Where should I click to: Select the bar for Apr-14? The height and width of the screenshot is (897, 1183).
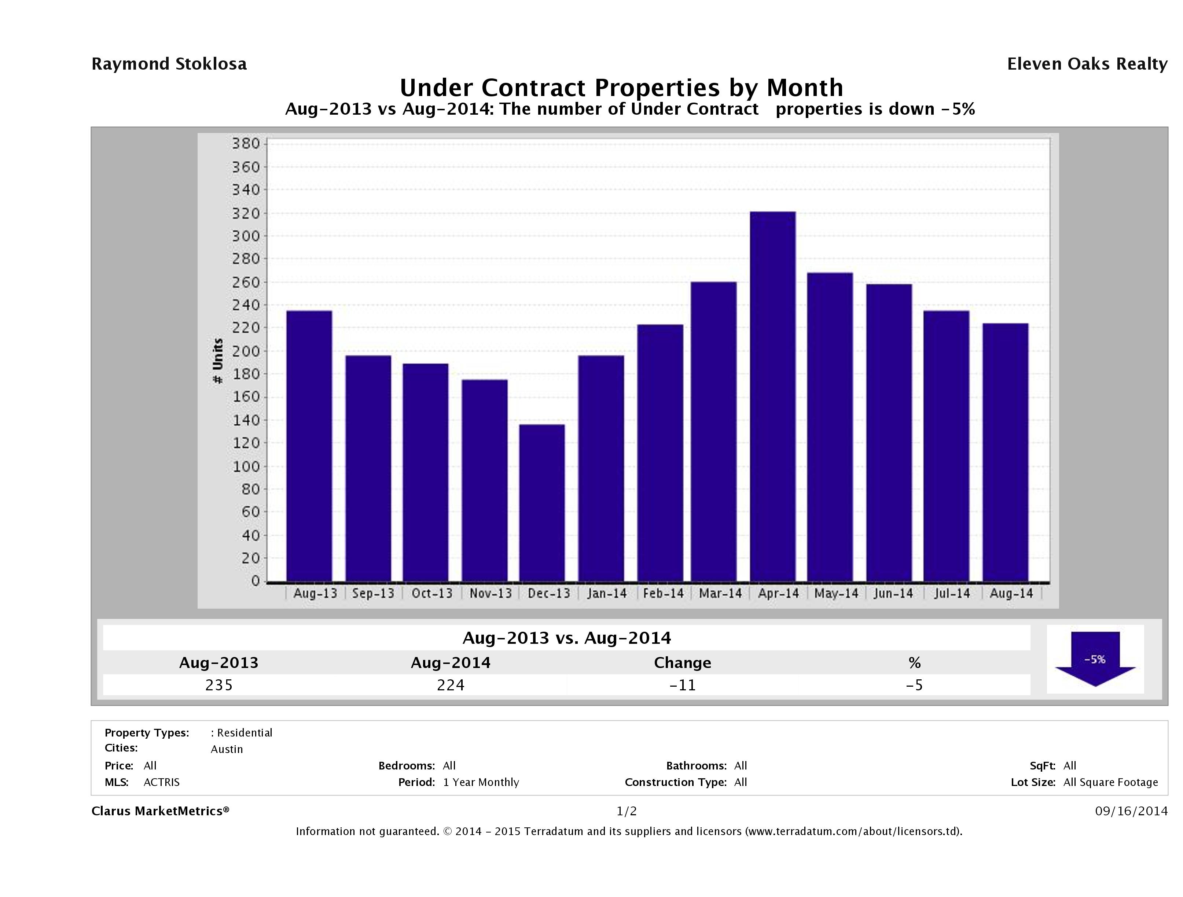(x=773, y=396)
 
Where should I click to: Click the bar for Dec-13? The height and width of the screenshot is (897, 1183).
(x=542, y=502)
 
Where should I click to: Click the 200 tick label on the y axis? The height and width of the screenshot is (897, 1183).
(x=246, y=351)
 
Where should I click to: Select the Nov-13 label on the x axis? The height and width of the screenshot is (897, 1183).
(x=491, y=593)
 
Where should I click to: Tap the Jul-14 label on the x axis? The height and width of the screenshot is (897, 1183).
(x=952, y=593)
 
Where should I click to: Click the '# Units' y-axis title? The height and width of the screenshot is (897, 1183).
(x=218, y=361)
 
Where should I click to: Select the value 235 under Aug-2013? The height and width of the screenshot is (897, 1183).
(x=219, y=685)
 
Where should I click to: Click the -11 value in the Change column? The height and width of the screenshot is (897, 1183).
(x=683, y=685)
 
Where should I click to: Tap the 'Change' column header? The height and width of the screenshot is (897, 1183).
(x=683, y=663)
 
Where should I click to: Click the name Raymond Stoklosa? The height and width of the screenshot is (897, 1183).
(x=169, y=64)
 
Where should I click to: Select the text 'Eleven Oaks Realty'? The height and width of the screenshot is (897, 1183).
(x=1087, y=64)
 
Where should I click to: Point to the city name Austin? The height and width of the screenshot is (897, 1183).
(x=227, y=749)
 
